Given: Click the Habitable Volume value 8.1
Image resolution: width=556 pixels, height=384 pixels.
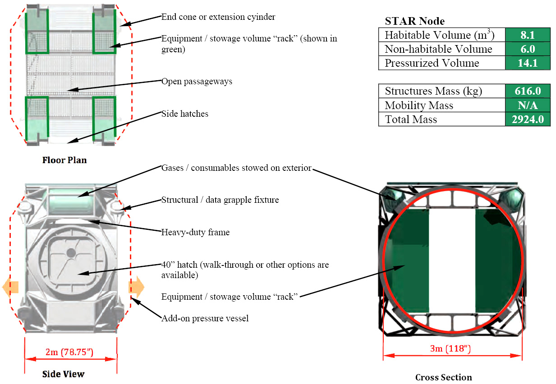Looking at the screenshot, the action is point(528,35).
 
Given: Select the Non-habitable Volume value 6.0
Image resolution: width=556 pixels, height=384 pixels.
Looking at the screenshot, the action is point(528,49).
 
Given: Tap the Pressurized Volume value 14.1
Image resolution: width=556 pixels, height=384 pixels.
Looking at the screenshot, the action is point(528,63).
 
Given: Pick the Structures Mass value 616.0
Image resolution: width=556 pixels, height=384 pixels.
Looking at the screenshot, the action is point(528,91).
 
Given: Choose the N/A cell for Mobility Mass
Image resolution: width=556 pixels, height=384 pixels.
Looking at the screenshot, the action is point(528,105).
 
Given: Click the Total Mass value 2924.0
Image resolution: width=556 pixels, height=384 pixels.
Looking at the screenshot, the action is point(528,119).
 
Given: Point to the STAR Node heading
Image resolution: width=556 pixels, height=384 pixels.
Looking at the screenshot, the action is point(415,21).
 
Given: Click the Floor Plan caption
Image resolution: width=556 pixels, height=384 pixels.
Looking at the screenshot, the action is point(64,160).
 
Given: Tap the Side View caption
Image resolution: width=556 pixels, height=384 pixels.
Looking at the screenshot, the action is point(63,374).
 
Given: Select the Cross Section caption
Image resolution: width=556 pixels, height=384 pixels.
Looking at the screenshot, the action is point(444,377).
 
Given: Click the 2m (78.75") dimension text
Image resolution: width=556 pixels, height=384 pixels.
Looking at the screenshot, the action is point(69,352).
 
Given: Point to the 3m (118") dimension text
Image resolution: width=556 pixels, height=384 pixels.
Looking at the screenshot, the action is point(450,348).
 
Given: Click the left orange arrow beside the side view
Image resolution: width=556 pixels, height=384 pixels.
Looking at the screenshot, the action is point(10,287).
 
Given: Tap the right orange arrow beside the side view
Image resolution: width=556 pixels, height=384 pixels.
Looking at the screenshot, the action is point(136,287).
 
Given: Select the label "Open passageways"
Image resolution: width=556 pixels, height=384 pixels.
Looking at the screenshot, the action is point(197,82).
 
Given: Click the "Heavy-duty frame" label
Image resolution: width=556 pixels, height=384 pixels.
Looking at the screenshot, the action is point(195,232).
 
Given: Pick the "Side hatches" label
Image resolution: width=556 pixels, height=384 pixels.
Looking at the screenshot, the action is point(185,114).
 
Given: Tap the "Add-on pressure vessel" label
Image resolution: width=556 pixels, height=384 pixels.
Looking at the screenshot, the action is point(205,318).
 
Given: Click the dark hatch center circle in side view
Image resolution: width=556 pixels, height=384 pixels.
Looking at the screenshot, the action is point(71,253).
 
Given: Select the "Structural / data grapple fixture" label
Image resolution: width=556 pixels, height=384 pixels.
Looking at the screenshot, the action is point(220,200).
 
